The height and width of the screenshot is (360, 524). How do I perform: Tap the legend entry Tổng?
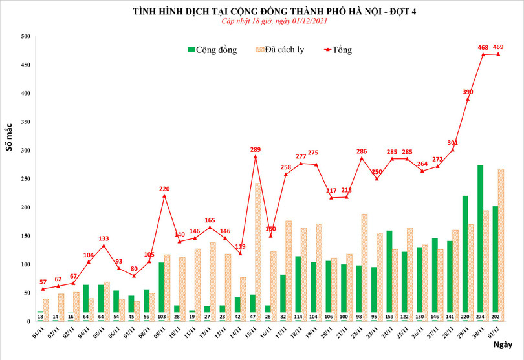tap(340, 50)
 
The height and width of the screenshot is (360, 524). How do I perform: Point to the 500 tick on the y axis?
tap(26, 37)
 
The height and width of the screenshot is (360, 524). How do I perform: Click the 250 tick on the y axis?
tap(26, 179)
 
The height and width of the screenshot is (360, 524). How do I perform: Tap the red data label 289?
tap(256, 149)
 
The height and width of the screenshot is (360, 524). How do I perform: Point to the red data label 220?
tap(164, 189)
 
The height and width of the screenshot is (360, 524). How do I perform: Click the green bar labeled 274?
tap(481, 239)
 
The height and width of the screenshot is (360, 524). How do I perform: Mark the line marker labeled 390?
tap(468, 99)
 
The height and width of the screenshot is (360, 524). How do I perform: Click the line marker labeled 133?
tap(104, 246)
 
